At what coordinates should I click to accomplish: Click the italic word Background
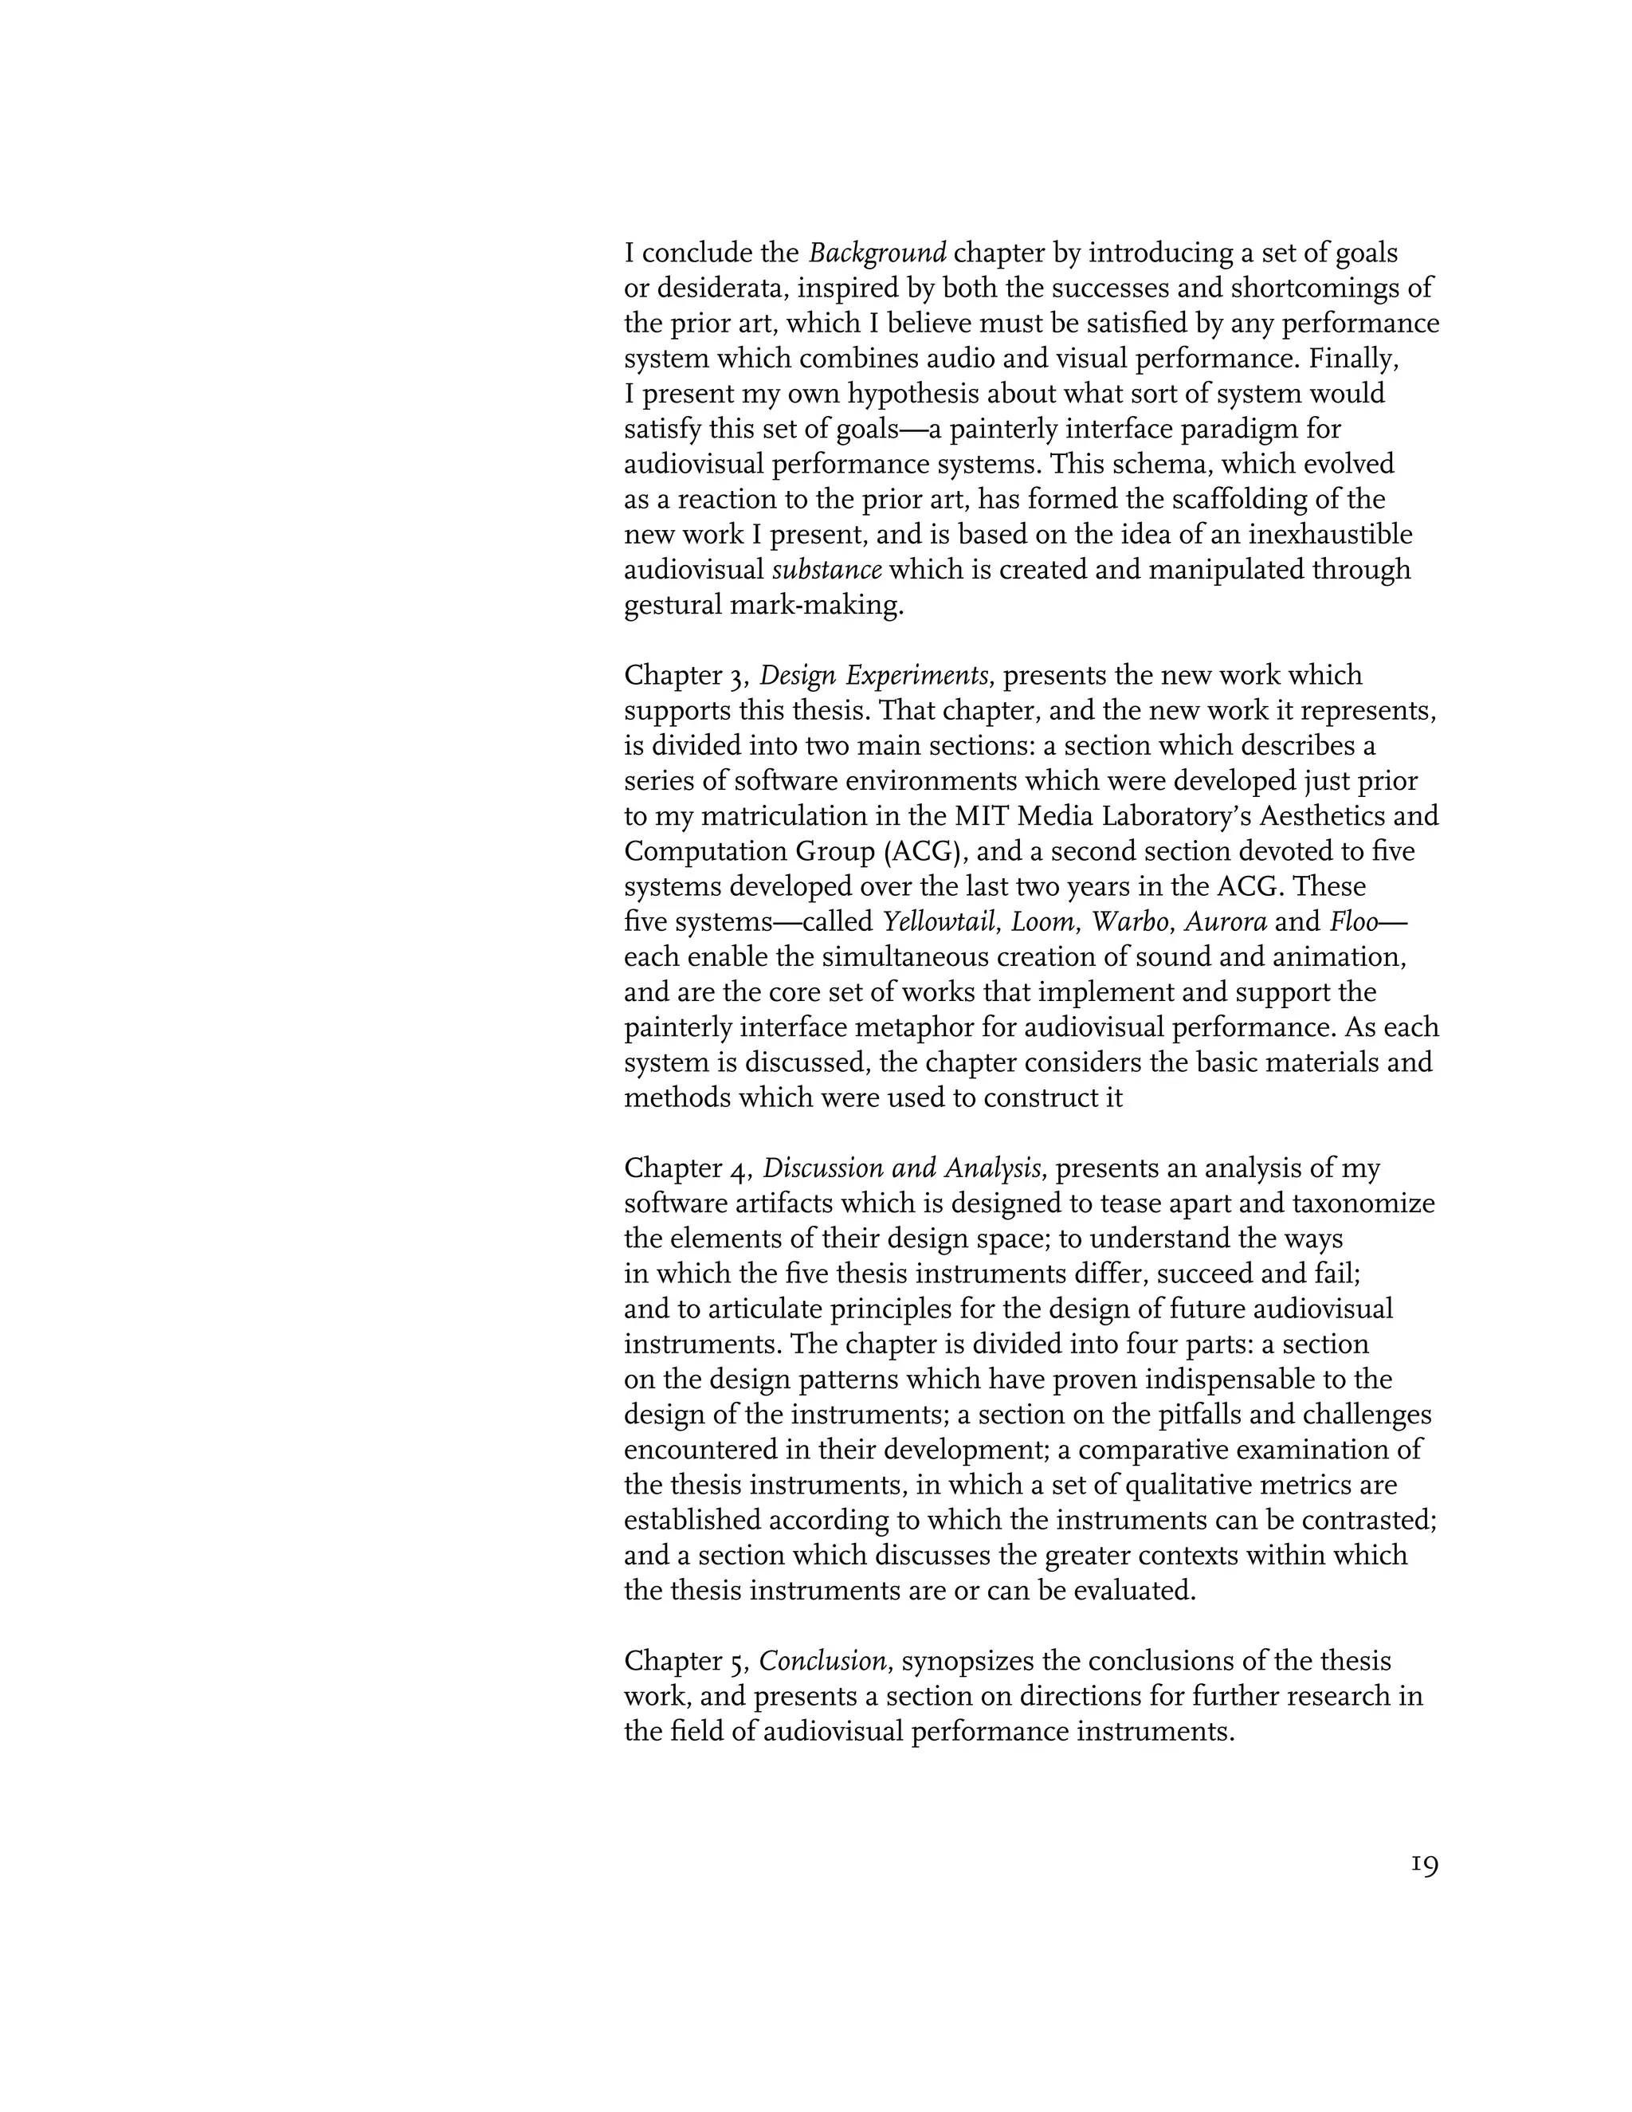pos(877,254)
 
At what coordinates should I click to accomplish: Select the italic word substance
pos(826,571)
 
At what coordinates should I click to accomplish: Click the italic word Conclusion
pos(822,1662)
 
